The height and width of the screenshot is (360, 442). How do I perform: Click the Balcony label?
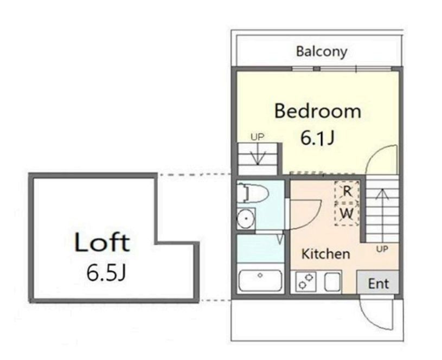tap(322, 52)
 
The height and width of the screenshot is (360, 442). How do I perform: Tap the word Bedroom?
tap(318, 111)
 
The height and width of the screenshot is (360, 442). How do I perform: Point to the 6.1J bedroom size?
tap(317, 138)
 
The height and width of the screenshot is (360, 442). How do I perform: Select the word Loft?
tap(102, 242)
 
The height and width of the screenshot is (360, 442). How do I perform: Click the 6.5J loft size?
tap(105, 272)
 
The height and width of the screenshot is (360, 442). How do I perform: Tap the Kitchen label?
tap(325, 254)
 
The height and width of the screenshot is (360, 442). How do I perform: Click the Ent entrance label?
tap(379, 284)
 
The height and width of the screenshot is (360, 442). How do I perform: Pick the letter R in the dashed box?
tap(347, 191)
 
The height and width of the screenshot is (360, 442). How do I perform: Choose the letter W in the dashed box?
tap(347, 214)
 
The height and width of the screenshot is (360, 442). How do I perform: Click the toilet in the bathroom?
tap(252, 194)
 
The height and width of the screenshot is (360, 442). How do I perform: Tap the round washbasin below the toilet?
tap(246, 218)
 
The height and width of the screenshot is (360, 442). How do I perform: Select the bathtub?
tap(260, 280)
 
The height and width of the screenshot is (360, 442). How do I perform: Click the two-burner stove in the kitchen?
tap(306, 281)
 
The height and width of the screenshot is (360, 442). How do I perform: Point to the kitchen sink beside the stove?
tap(332, 281)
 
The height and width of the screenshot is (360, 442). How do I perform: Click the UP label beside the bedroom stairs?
tap(258, 137)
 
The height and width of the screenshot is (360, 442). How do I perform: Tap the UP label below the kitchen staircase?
tap(382, 249)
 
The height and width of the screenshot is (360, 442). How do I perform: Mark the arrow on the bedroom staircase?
tap(258, 153)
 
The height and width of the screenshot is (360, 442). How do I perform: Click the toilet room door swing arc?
tap(313, 217)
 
